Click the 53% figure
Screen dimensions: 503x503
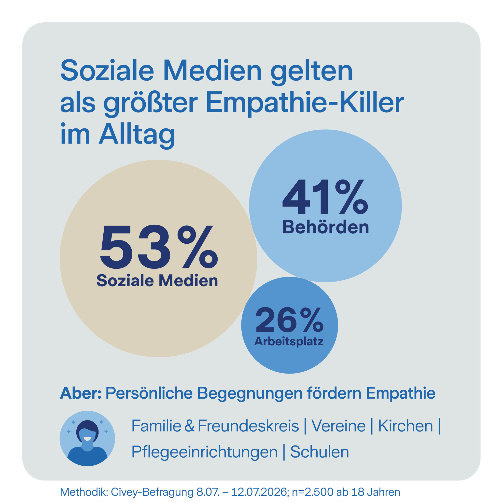point(159,247)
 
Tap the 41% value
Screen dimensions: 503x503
point(325,196)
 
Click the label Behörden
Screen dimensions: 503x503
point(325,227)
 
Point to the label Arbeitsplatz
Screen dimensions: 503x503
point(289,341)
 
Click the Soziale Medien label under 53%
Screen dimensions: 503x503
point(157,281)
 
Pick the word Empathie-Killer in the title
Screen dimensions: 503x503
point(305,104)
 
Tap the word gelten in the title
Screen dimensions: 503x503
point(312,72)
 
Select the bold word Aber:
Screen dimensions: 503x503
point(81,393)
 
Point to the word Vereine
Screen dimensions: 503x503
point(338,426)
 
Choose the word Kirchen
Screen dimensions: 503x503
point(405,426)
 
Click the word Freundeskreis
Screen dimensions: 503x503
point(248,426)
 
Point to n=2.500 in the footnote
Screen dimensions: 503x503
point(312,492)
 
